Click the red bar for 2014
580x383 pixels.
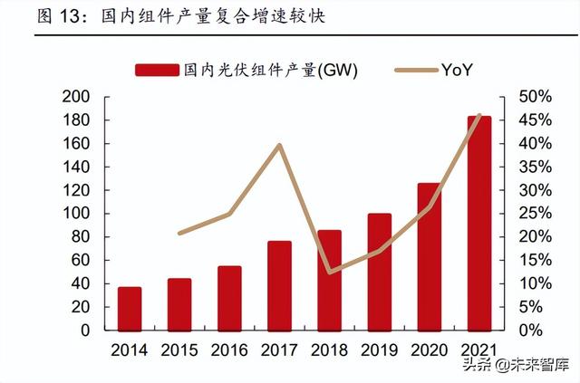click(x=130, y=308)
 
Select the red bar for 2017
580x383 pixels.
click(x=279, y=285)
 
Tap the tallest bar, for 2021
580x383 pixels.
click(x=479, y=223)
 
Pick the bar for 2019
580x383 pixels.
click(x=380, y=272)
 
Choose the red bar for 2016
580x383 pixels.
click(x=229, y=298)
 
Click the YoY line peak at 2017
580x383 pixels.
click(x=279, y=145)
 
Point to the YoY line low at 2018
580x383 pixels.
click(x=330, y=272)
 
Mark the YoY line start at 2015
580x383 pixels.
click(x=179, y=234)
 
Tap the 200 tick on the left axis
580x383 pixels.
click(x=77, y=97)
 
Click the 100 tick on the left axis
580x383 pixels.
click(x=77, y=214)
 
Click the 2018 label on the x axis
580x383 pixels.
click(x=330, y=349)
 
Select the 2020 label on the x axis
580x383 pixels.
click(x=430, y=349)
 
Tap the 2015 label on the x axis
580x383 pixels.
click(x=179, y=349)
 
